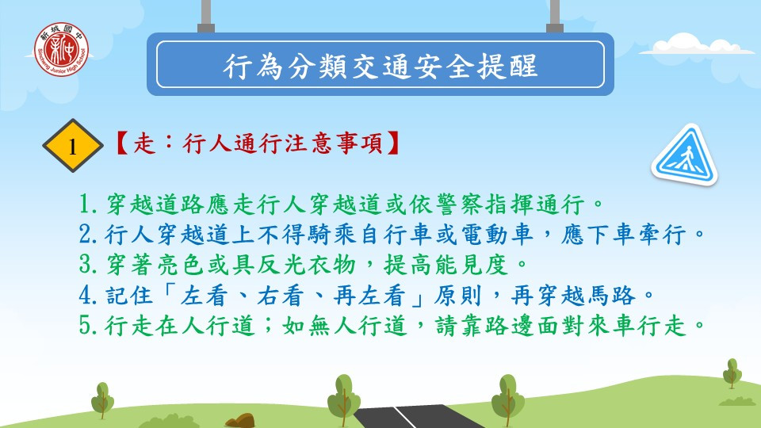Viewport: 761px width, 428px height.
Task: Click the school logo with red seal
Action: pos(61,49)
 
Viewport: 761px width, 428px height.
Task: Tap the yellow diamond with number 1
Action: pos(73,146)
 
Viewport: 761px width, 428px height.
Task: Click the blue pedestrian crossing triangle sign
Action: pos(685,155)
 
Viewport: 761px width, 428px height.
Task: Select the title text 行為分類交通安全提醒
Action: pos(380,66)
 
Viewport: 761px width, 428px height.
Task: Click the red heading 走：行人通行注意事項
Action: pos(257,143)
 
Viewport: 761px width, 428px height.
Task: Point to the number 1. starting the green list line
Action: pos(90,204)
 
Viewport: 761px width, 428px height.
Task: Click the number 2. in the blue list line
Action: pos(90,235)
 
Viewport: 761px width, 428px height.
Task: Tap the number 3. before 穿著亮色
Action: pos(90,265)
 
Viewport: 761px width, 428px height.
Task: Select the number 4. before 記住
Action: pos(90,296)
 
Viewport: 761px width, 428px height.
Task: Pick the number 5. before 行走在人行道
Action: pos(90,326)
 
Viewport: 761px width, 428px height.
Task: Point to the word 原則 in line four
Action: pos(458,296)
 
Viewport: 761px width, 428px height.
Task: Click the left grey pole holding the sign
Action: pos(206,16)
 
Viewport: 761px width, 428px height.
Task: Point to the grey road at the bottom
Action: pos(418,417)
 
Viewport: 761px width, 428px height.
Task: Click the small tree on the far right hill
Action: pos(732,373)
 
